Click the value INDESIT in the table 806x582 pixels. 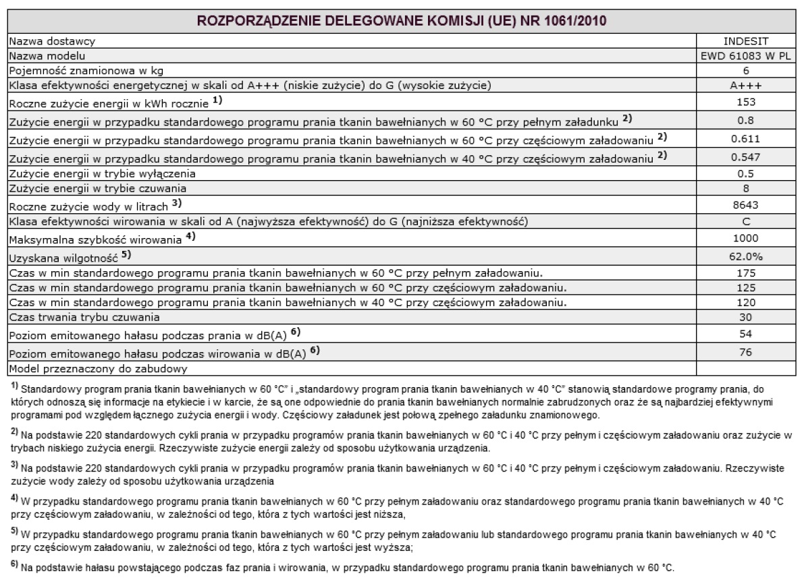pyautogui.click(x=745, y=42)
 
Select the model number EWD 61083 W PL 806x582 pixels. pyautogui.click(x=745, y=56)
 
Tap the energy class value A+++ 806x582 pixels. pyautogui.click(x=745, y=85)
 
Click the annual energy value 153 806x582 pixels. pyautogui.click(x=745, y=103)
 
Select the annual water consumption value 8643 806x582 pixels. pyautogui.click(x=745, y=204)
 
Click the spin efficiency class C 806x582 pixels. pyautogui.click(x=745, y=222)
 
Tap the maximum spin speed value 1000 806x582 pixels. pyautogui.click(x=745, y=239)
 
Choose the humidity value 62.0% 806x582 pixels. pyautogui.click(x=745, y=257)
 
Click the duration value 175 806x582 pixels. pyautogui.click(x=745, y=273)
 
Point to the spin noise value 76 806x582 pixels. pyautogui.click(x=745, y=352)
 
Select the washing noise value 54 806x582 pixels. pyautogui.click(x=745, y=334)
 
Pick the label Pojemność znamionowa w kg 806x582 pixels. pyautogui.click(x=85, y=70)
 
